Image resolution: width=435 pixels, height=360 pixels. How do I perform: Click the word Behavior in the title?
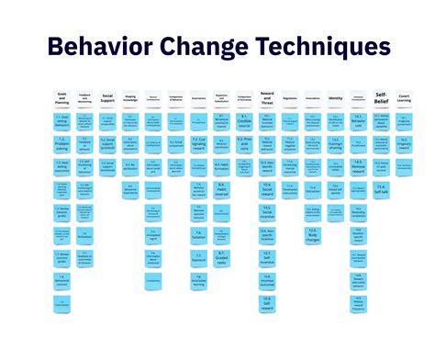(100, 48)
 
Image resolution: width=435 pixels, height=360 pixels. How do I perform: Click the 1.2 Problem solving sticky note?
(61, 143)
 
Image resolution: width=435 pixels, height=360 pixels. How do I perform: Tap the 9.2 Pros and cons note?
(245, 143)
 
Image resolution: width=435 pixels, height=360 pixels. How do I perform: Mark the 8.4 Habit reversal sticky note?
(222, 190)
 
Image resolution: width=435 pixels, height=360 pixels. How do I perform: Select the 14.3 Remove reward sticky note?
(358, 167)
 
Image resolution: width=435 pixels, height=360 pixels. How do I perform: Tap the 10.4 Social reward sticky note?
(268, 190)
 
